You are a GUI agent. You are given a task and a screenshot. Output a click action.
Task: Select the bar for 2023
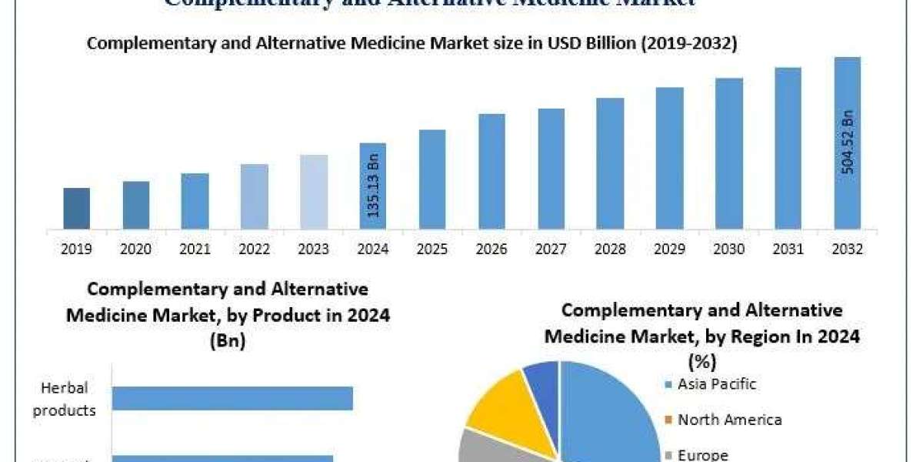click(x=313, y=192)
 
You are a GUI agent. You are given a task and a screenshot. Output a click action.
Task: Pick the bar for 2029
click(x=669, y=158)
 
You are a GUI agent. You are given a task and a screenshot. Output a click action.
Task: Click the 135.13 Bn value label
click(x=373, y=186)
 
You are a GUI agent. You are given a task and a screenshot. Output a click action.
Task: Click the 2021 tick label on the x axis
click(x=195, y=249)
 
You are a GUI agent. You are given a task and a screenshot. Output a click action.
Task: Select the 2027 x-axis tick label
click(x=551, y=249)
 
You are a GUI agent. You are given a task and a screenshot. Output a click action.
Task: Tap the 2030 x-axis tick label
click(x=728, y=249)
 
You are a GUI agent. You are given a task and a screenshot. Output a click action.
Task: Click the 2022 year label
click(x=254, y=249)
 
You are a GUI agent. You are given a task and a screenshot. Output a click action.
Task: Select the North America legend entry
click(x=729, y=420)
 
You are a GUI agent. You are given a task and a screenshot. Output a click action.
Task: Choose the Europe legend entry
click(x=702, y=454)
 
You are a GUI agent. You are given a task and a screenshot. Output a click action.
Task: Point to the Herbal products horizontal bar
click(x=232, y=398)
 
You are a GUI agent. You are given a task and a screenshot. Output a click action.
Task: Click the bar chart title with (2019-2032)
click(x=412, y=44)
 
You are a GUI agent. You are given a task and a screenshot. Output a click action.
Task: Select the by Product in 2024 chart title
click(x=228, y=314)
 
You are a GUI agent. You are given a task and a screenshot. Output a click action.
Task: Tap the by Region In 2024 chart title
click(x=701, y=336)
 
